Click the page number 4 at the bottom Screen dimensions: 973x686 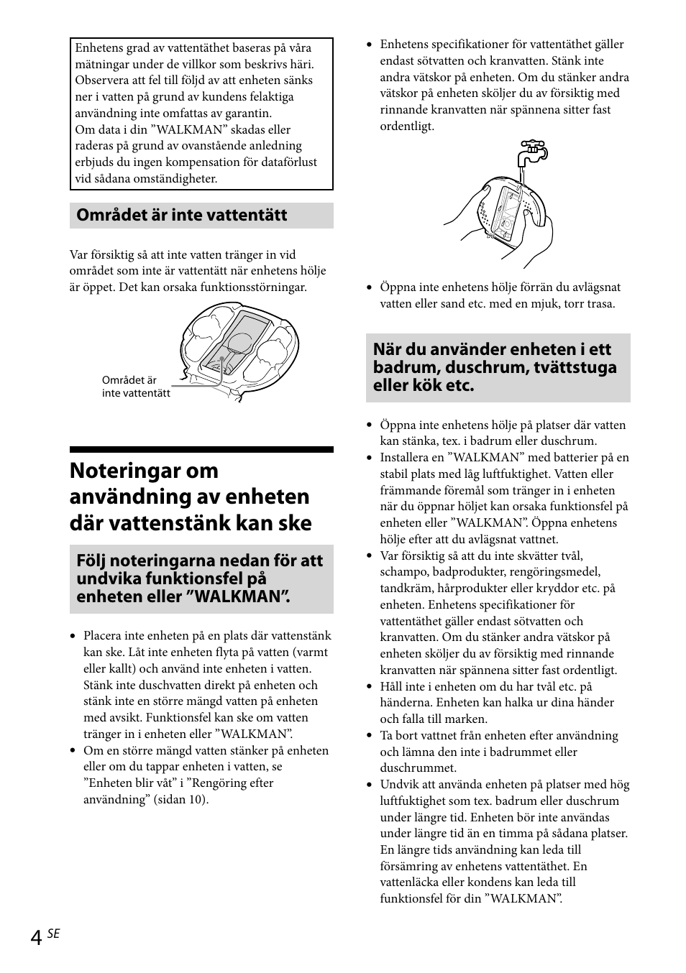tap(36, 938)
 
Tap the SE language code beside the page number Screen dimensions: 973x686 tap(53, 933)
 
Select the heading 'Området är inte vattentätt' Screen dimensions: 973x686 tap(182, 216)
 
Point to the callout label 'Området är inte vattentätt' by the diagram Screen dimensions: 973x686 tap(136, 387)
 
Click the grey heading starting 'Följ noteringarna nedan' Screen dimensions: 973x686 tap(201, 578)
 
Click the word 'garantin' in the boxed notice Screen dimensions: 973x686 tap(247, 114)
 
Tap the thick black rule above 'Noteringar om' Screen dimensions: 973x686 tap(201, 449)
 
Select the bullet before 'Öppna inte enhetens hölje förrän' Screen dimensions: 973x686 tap(370, 287)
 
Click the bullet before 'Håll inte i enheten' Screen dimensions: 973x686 tap(370, 687)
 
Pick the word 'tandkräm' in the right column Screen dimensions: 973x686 tap(403, 589)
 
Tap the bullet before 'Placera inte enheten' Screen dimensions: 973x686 tap(73, 636)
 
